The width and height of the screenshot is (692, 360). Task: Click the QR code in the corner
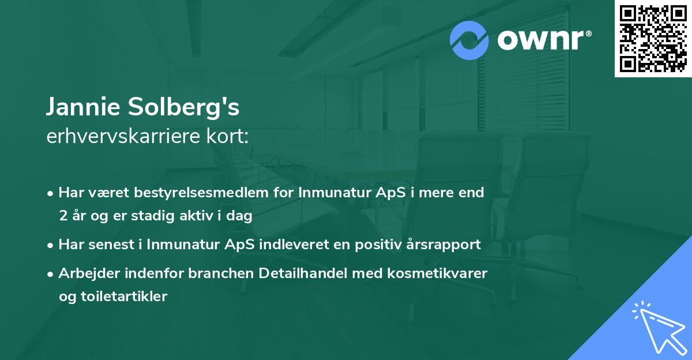click(653, 39)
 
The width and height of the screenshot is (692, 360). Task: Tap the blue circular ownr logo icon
click(469, 40)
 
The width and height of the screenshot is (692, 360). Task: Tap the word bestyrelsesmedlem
click(198, 193)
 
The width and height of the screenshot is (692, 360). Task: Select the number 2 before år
click(63, 216)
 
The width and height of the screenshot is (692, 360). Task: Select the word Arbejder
click(85, 273)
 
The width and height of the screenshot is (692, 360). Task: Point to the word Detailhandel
click(300, 273)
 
